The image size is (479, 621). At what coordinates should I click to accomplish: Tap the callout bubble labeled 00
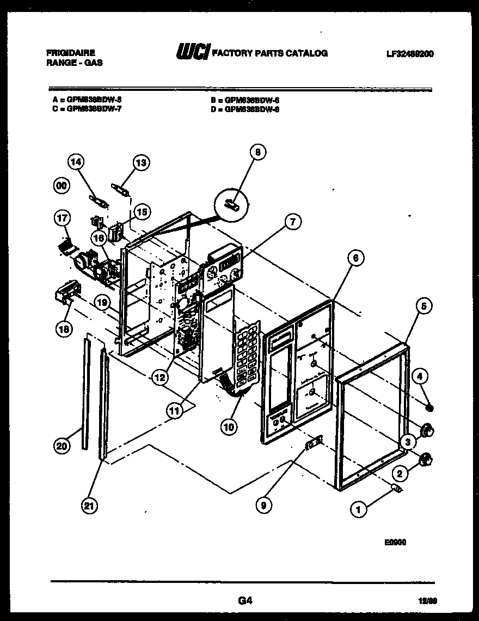(x=63, y=186)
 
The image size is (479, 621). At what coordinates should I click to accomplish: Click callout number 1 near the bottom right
(x=358, y=509)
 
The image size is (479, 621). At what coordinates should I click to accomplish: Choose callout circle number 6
(x=354, y=260)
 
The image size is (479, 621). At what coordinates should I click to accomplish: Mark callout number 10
(x=229, y=427)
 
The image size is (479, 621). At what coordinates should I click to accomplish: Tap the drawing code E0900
(x=395, y=542)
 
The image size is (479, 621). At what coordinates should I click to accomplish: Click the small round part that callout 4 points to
(x=429, y=408)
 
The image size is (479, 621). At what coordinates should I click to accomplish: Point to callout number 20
(x=63, y=446)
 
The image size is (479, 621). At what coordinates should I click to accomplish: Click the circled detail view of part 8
(x=232, y=204)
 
